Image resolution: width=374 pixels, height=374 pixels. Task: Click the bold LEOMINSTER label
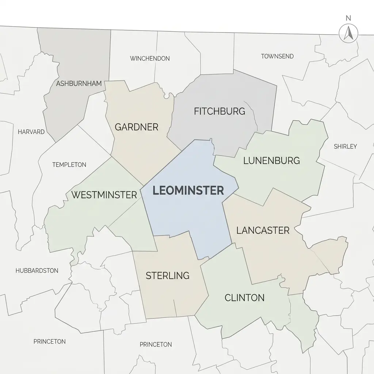pos(188,190)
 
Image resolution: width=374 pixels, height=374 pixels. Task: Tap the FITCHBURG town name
pos(220,111)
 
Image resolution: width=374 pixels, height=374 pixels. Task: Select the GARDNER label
pos(137,127)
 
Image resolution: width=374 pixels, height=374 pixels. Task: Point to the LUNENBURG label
pos(271,160)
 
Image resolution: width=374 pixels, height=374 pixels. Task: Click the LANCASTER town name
pos(263,230)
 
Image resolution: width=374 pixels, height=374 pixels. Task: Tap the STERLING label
pos(168,275)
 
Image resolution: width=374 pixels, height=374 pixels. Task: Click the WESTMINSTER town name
pos(104,195)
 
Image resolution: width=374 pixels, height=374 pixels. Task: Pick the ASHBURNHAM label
pos(79,84)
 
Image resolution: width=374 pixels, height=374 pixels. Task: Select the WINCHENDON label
pos(150,58)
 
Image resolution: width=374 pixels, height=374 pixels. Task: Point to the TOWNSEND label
pos(277,56)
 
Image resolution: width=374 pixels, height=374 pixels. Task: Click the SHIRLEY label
pos(345,146)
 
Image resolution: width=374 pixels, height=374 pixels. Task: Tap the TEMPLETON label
pos(69,165)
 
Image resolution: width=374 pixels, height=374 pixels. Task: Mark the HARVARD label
pos(31,132)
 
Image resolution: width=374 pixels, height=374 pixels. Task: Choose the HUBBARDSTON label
pos(37,271)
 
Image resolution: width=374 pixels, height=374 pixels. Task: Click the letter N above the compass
pos(348,18)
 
